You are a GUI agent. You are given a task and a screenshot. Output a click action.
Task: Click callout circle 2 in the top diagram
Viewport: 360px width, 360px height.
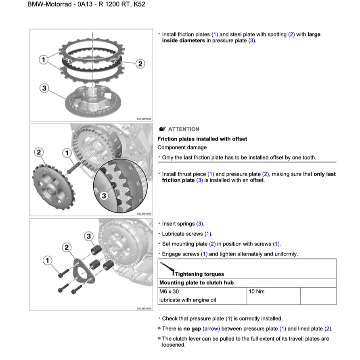coord(140,64)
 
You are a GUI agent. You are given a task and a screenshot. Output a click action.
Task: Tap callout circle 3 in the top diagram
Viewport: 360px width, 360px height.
coord(44,88)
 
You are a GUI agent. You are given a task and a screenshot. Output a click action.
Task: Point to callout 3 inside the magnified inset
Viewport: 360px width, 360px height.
coord(104,196)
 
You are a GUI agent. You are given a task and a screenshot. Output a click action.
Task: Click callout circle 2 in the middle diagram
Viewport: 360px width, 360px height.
coord(39,152)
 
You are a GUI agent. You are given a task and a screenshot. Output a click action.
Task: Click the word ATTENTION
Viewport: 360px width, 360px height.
coord(184,129)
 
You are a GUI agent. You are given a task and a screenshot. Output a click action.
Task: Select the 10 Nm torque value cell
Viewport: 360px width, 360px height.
coord(257,291)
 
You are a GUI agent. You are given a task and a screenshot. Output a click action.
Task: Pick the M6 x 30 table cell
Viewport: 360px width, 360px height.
coord(169,291)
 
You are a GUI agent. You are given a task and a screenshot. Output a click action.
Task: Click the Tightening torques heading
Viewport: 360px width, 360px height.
coord(199,274)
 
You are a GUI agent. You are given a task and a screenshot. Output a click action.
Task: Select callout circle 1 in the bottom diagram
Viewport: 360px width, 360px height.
coord(48,261)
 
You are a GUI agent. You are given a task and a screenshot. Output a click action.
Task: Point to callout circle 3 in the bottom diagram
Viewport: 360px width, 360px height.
coord(88,236)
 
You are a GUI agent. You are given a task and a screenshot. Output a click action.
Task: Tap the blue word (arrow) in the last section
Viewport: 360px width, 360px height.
coord(211,329)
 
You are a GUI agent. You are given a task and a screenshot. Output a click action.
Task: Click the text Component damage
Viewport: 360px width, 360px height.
coord(182,148)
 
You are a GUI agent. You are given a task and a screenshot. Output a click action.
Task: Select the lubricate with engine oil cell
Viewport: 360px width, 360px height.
coord(188,300)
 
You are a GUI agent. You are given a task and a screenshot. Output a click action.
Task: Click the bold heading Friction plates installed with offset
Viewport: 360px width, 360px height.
coord(202,139)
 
